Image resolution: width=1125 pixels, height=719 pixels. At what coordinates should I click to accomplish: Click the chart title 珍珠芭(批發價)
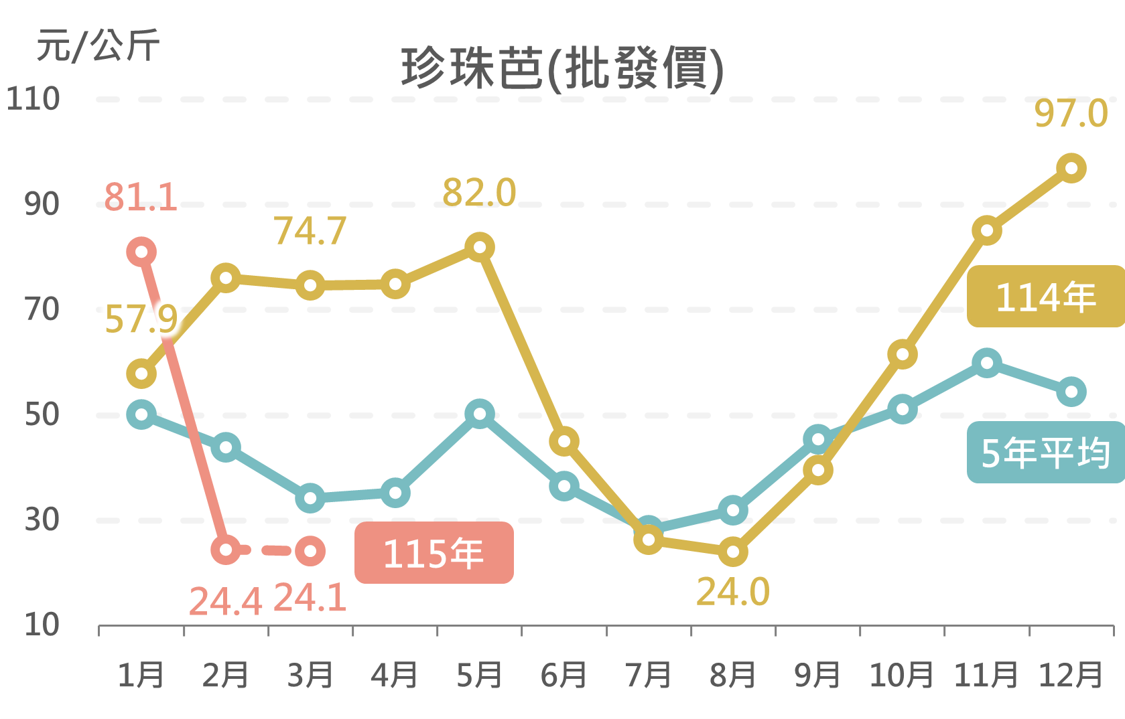coord(562,68)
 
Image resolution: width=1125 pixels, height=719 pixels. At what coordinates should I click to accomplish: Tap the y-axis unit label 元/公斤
coord(98,46)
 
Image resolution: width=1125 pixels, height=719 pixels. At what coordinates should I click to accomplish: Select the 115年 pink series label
coord(434,553)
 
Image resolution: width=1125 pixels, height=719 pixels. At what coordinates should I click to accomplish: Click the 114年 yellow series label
coord(1045,297)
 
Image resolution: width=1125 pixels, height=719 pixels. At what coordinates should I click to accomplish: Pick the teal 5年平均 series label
coord(1045,453)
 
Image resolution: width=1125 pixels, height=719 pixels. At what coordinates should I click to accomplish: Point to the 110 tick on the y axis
coord(33,99)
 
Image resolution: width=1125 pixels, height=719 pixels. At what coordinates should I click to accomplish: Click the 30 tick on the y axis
coord(42,520)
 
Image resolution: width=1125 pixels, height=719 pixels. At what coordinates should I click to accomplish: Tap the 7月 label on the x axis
coord(648,675)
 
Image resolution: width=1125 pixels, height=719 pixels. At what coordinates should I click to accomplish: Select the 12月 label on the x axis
coord(1070,675)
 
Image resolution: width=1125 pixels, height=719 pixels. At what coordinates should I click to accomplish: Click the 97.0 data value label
coord(1071,113)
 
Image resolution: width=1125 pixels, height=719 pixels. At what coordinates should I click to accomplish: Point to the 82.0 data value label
coord(479,193)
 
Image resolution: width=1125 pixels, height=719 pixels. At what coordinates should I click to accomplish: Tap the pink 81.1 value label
coord(141,197)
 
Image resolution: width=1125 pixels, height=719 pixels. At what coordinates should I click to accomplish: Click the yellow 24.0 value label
coord(733,592)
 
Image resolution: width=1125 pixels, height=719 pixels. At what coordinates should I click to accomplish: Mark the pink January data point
coord(141,252)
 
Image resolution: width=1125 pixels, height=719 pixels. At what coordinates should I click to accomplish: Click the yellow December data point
coord(1071,168)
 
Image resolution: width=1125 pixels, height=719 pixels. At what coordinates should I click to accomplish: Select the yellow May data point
coord(480,247)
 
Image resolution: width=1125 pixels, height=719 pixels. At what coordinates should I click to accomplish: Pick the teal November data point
coord(986,363)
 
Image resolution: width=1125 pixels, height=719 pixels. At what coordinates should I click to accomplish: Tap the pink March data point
coord(310,551)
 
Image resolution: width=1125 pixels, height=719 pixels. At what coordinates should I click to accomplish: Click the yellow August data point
coord(733,552)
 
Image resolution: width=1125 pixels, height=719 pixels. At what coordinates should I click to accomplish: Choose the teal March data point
coord(310,498)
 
